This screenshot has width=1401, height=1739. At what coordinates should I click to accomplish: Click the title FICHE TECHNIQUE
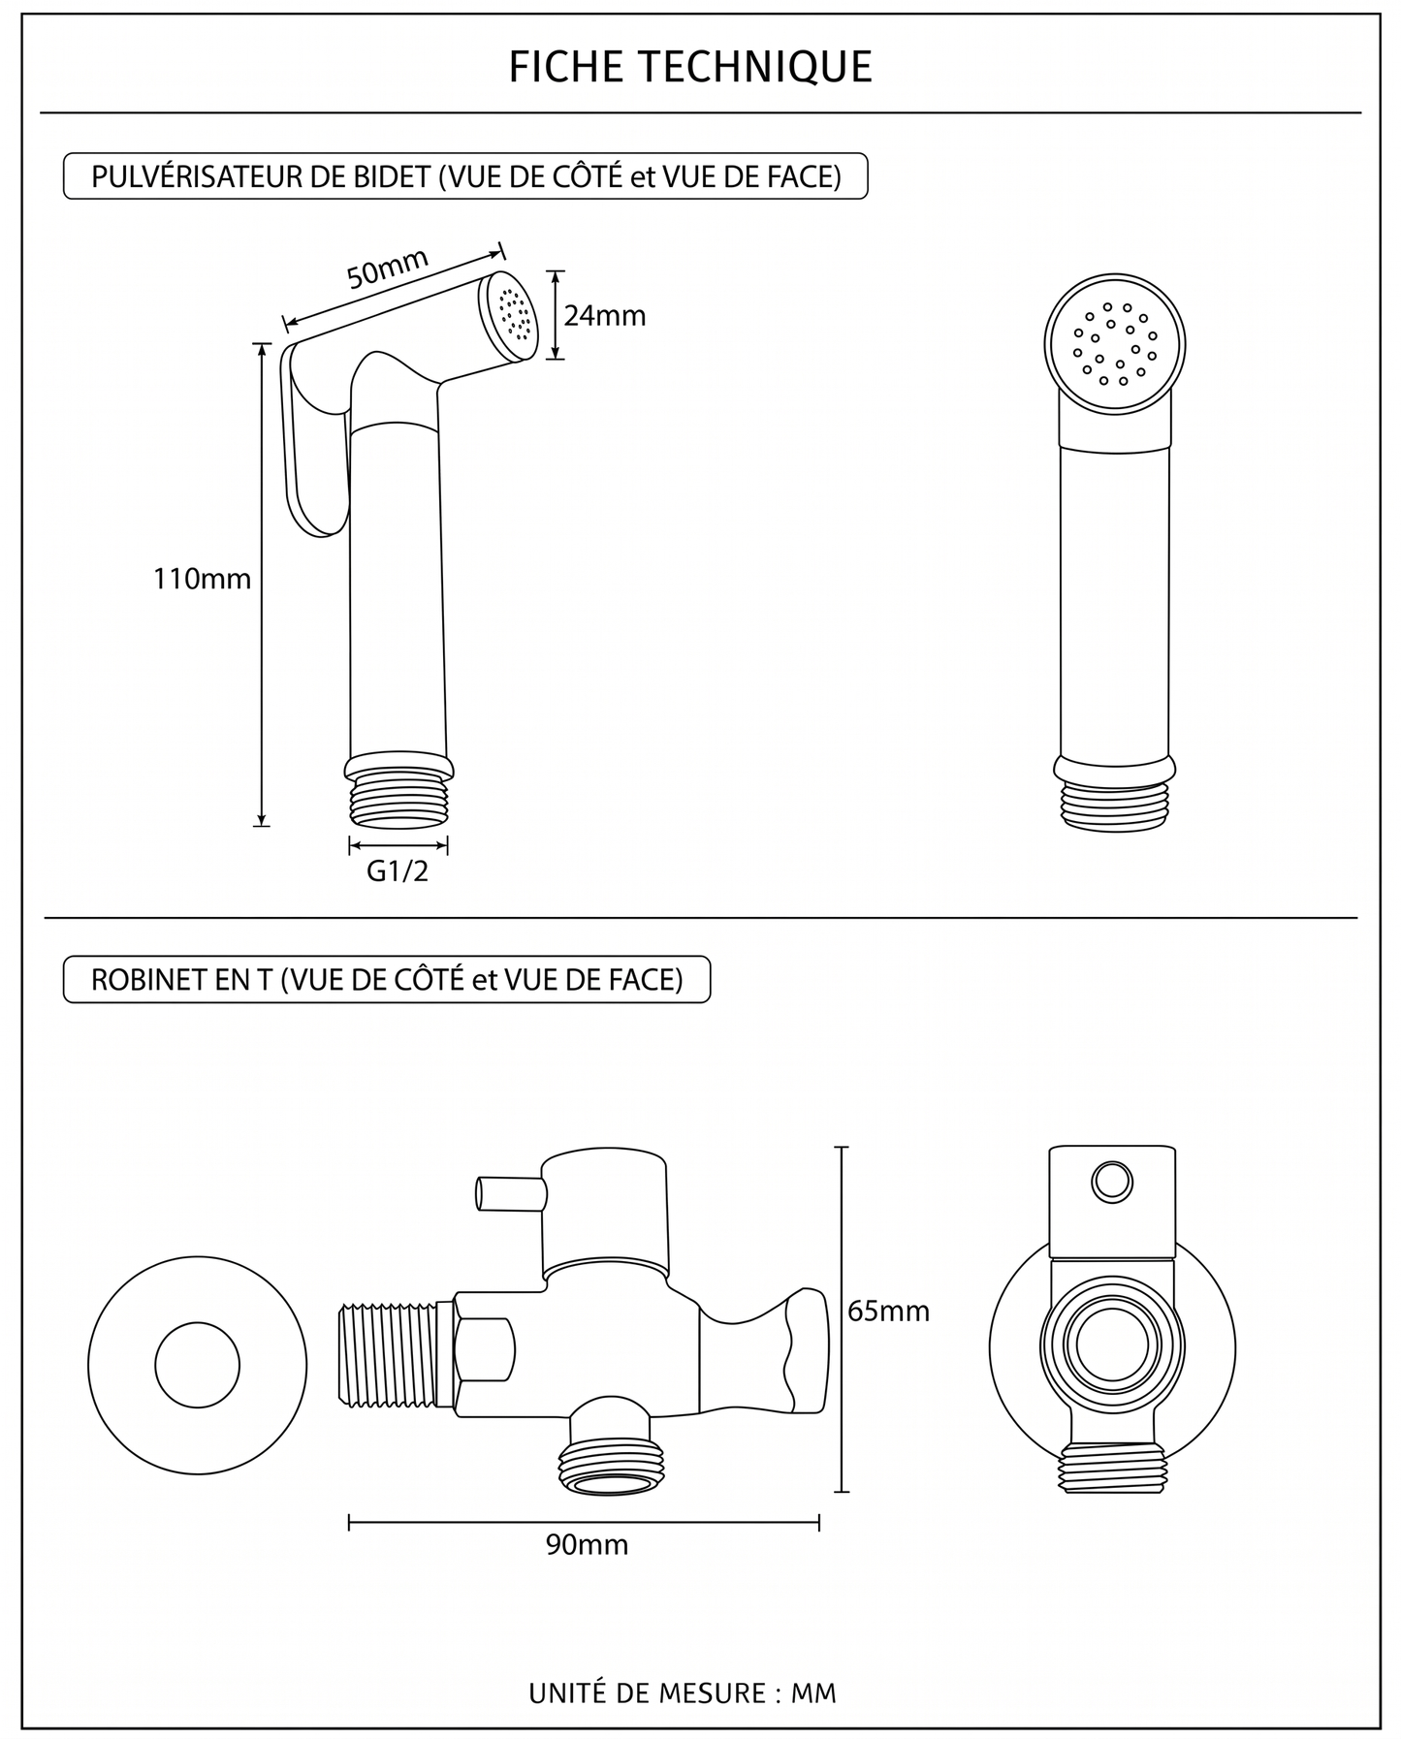(x=690, y=67)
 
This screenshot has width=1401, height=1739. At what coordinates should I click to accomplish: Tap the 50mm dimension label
(x=388, y=269)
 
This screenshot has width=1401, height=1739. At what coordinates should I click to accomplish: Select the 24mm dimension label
(x=605, y=316)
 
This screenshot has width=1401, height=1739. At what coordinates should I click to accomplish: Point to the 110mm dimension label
(x=202, y=579)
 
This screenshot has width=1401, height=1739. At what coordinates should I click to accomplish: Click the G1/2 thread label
(x=398, y=871)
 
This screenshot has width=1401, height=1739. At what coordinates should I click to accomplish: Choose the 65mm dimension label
(x=888, y=1311)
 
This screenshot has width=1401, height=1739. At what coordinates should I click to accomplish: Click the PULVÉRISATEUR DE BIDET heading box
(x=465, y=176)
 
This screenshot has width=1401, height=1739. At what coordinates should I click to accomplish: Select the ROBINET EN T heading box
(x=387, y=979)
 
